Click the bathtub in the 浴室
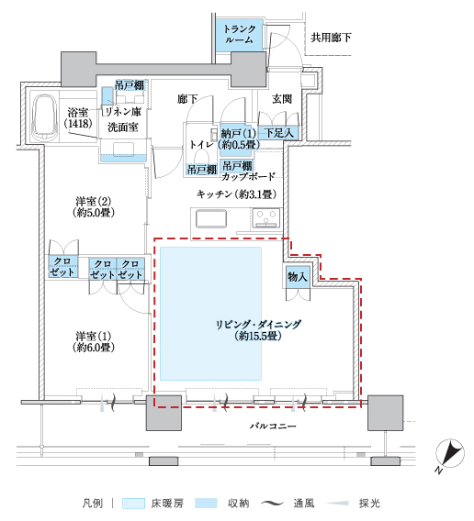point(43,116)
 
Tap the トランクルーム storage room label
point(240,34)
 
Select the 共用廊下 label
point(331,38)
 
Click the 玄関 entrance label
point(282,99)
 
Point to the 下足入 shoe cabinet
point(279,133)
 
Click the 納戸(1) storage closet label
point(238,133)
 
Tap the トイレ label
point(201,145)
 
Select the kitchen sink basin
point(211,219)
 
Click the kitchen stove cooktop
point(266,218)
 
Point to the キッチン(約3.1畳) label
point(236,194)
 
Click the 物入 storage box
point(298,276)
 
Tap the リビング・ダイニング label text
point(258,325)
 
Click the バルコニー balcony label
point(273,426)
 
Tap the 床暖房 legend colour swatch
point(133,504)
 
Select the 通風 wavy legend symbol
point(272,504)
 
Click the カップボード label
point(248,176)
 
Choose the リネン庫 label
point(123,112)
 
